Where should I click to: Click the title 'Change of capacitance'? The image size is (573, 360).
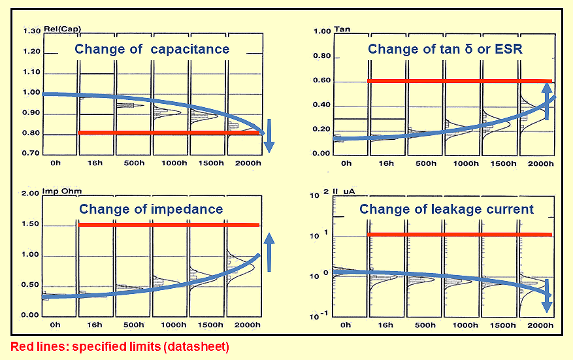pos(152,49)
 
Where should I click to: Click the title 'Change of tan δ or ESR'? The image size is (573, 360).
pos(444,49)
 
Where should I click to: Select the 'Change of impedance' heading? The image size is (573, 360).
pos(151,210)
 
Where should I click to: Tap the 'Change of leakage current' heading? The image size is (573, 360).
pos(446,210)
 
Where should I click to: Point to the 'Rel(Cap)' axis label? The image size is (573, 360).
pos(57,30)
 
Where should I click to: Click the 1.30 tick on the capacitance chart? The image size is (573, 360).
pos(31,31)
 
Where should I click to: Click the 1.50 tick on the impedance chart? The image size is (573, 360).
pos(31,225)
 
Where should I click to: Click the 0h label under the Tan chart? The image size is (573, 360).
pos(346,163)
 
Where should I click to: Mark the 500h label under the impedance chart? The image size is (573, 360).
pos(133,325)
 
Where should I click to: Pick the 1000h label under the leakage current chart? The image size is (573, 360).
pos(464,325)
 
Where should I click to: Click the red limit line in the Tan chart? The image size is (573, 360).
pos(457,81)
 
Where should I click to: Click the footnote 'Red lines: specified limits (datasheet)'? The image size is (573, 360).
pos(120,346)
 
